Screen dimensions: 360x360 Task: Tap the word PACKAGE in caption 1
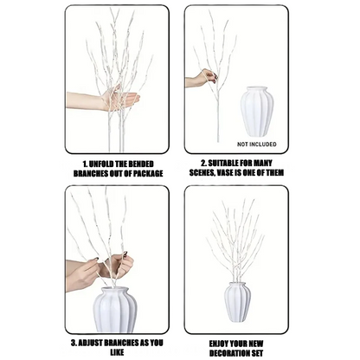[x=138, y=172]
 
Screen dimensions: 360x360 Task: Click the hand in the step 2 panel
[x=200, y=79]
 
